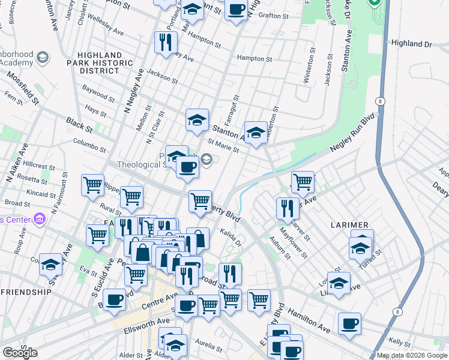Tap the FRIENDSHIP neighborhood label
pos(26,292)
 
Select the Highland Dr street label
pos(411,44)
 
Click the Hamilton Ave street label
pos(309,319)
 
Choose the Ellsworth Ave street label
pos(147,322)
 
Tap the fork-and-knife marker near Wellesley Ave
pos(165,42)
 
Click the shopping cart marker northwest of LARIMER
pos(303,181)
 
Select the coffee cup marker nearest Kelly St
pos(349,323)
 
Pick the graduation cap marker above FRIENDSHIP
pos(51,263)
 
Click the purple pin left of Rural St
pos(40,218)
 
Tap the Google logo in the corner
pos(19,353)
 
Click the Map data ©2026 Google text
pos(412,355)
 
